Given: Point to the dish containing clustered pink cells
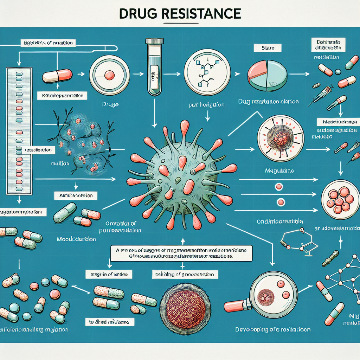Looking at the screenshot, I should click(340, 198).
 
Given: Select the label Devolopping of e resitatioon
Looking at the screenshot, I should click(273, 330).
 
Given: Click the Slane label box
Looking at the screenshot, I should click(268, 47).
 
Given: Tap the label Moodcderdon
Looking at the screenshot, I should click(76, 239).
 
